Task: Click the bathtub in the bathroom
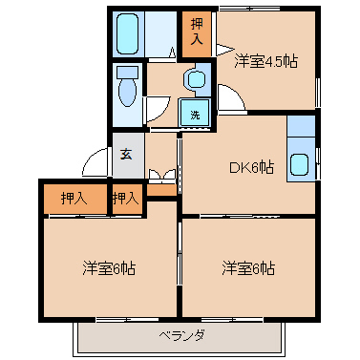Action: point(127,33)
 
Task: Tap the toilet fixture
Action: point(127,86)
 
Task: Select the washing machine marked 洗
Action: point(195,113)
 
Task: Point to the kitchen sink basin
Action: point(299,164)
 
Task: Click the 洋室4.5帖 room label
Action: point(265,61)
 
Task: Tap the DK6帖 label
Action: point(251,167)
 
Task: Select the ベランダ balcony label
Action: point(181,335)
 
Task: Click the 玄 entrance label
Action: point(126,155)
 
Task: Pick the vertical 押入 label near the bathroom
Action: point(197,32)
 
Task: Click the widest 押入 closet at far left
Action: point(75,199)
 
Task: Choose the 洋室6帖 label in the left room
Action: point(109,268)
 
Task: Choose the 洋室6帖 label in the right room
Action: point(248,268)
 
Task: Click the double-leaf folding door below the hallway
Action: point(162,175)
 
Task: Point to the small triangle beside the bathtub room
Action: point(172,53)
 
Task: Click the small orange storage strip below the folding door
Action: point(161,190)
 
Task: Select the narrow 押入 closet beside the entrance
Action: point(126,199)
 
